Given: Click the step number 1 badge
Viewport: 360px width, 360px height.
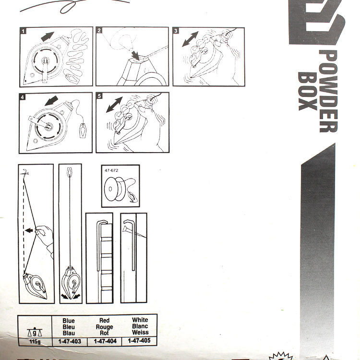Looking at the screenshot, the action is (23, 31).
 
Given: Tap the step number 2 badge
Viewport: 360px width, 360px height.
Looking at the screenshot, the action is (99, 31).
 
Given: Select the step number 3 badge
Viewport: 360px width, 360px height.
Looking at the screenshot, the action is (176, 31).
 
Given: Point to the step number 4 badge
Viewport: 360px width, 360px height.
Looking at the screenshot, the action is (23, 96).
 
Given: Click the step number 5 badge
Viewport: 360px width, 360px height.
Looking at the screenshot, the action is (99, 96).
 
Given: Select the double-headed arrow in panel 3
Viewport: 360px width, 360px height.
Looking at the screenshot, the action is (191, 39).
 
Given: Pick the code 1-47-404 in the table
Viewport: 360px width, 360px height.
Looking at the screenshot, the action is (104, 341).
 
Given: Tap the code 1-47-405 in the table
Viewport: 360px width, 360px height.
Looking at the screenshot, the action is (140, 341).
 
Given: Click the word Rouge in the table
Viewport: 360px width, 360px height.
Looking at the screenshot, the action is (104, 326).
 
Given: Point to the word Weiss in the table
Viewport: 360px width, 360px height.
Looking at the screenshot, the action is (140, 332).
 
